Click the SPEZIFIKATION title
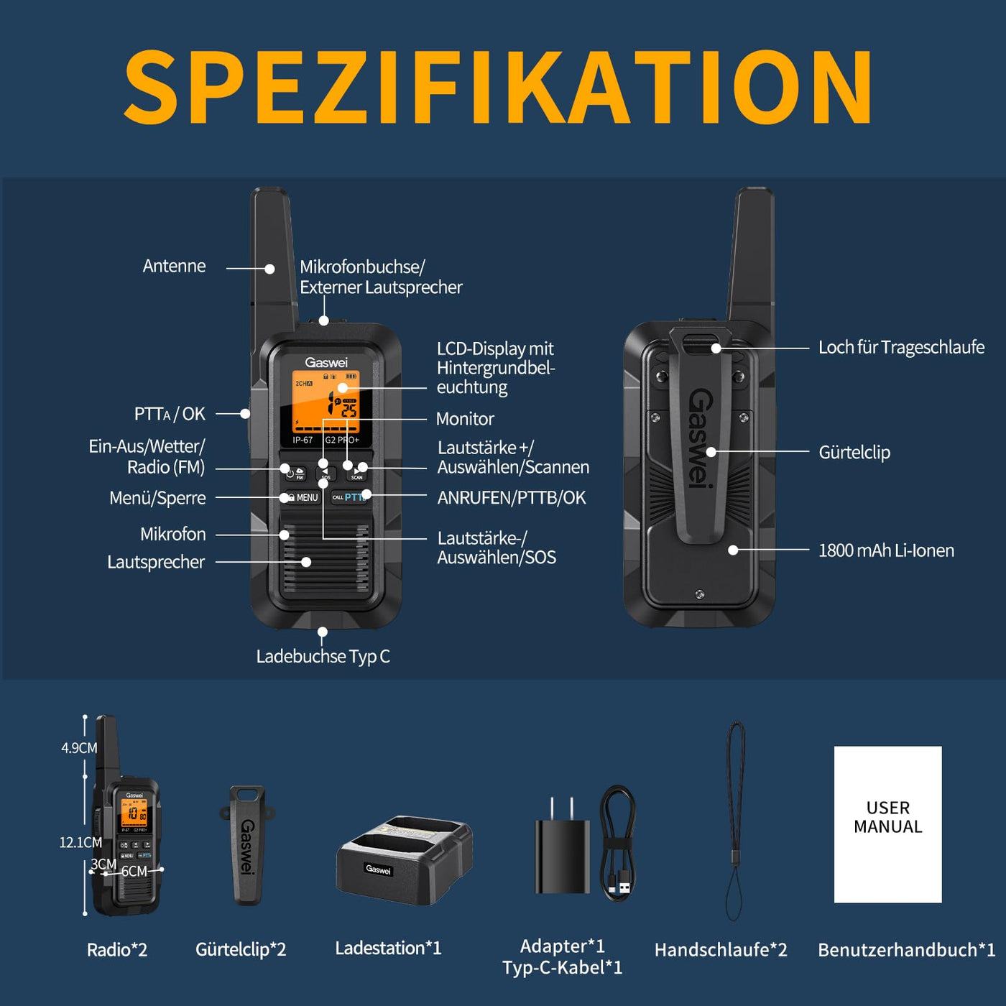coord(499,89)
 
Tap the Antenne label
coord(174,267)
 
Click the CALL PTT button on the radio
coord(349,497)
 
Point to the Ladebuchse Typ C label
coord(323,656)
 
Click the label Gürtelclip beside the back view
coord(854,453)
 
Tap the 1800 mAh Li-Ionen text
coord(886,551)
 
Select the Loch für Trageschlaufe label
coord(901,348)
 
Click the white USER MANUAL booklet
coord(887,824)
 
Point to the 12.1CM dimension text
coord(80,842)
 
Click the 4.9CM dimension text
coord(79,748)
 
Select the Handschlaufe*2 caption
coord(721,950)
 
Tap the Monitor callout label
coord(465,419)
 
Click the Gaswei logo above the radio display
coord(326,362)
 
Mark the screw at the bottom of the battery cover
coord(699,594)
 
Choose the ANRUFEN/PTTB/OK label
coord(511,498)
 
